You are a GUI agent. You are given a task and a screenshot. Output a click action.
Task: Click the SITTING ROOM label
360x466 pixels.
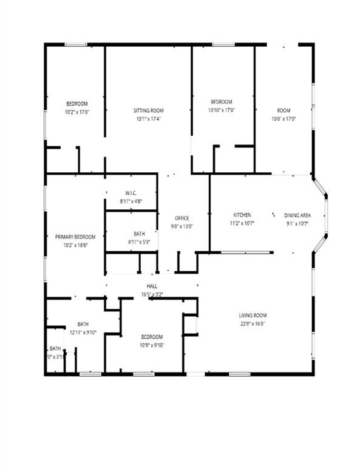click(149, 110)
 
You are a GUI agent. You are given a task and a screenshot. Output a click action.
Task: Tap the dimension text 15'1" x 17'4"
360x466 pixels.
click(149, 119)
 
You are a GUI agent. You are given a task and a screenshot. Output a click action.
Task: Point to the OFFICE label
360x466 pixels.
click(182, 218)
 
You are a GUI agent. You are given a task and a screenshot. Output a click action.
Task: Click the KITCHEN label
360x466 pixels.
click(242, 215)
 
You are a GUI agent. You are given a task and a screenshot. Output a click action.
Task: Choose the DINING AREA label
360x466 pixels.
click(298, 215)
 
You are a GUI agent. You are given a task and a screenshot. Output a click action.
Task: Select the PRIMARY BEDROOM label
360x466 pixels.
click(75, 237)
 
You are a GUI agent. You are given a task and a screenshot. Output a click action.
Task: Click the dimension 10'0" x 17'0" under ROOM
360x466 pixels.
click(284, 119)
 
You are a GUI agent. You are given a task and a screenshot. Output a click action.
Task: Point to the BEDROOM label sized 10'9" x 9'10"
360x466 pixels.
click(152, 337)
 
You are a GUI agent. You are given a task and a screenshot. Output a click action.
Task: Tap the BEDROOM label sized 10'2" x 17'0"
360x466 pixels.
click(77, 104)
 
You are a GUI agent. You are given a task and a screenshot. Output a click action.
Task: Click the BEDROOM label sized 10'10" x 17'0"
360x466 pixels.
click(222, 102)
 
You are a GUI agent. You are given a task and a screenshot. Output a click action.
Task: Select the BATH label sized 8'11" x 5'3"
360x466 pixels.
click(139, 234)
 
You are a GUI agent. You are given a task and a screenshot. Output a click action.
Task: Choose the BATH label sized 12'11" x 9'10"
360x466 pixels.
click(83, 324)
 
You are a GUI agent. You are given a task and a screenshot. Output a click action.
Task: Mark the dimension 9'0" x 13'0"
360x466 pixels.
click(182, 226)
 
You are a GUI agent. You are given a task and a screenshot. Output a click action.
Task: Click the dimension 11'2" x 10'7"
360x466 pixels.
click(242, 223)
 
